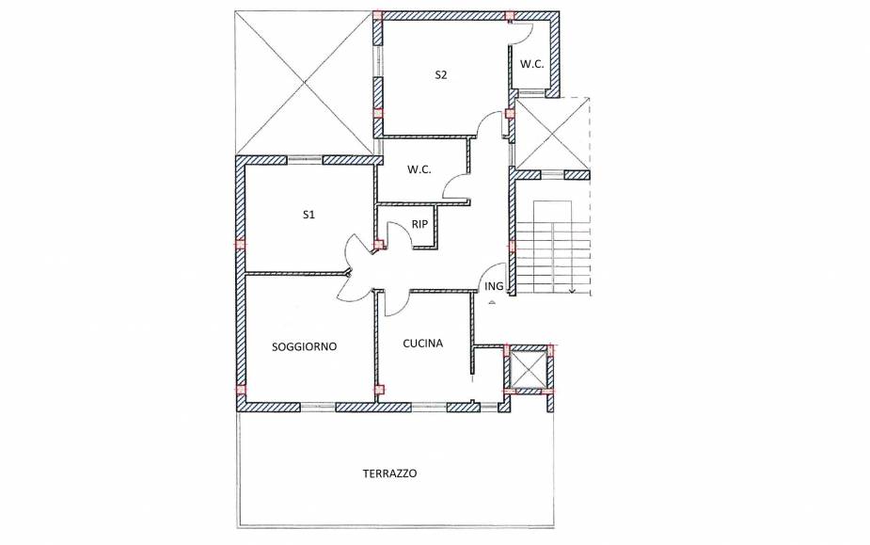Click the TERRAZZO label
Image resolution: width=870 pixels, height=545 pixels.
[x=389, y=473]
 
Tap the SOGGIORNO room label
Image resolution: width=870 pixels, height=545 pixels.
[x=304, y=346]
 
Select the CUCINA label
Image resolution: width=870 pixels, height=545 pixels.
[x=423, y=344]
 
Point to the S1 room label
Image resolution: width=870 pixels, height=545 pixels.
[x=308, y=215]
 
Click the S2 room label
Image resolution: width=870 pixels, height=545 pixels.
[x=440, y=75]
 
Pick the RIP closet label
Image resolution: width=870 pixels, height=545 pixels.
[x=419, y=224]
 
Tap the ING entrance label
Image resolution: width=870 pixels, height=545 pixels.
[x=494, y=286]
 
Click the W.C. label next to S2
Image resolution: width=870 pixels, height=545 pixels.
[x=531, y=64]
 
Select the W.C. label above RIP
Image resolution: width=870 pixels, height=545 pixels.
[x=419, y=169]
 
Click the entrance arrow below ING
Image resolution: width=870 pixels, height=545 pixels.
[x=491, y=301]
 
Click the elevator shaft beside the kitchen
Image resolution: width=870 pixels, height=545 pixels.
[x=529, y=369]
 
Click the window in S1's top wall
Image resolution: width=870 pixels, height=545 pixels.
[x=305, y=159]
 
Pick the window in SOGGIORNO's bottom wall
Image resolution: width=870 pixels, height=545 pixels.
[x=318, y=407]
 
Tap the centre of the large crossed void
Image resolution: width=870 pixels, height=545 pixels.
[x=304, y=83]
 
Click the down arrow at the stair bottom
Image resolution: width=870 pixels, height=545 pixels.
[x=572, y=288]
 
